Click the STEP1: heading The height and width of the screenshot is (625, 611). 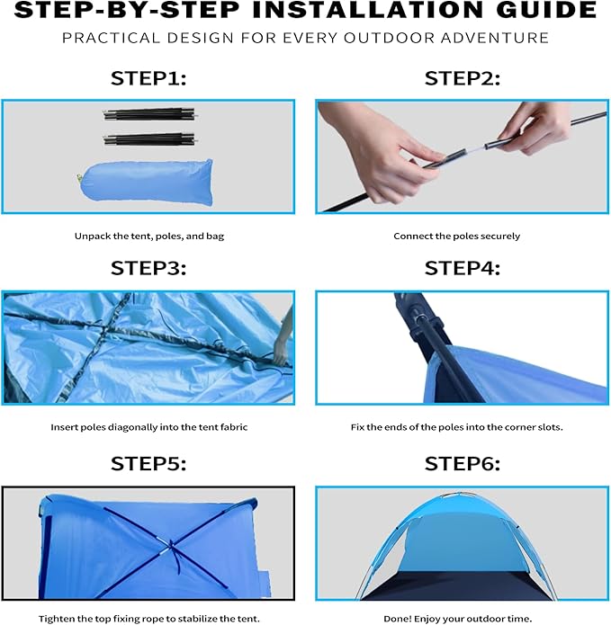click(148, 78)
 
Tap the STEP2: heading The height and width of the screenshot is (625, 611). click(463, 78)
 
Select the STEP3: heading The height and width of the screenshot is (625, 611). click(148, 268)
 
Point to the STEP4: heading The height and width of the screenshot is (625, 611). click(463, 268)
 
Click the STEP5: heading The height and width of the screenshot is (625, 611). click(148, 464)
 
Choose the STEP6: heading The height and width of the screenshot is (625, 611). click(463, 464)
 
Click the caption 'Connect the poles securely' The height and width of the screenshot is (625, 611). click(457, 237)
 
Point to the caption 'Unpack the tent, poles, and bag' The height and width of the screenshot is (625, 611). click(148, 237)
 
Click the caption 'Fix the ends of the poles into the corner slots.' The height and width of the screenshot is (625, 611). click(457, 426)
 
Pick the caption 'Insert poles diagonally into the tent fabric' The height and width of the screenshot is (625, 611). click(148, 426)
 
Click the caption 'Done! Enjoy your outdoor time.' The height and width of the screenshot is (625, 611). click(457, 619)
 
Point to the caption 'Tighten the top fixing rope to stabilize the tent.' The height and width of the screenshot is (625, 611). click(148, 619)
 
